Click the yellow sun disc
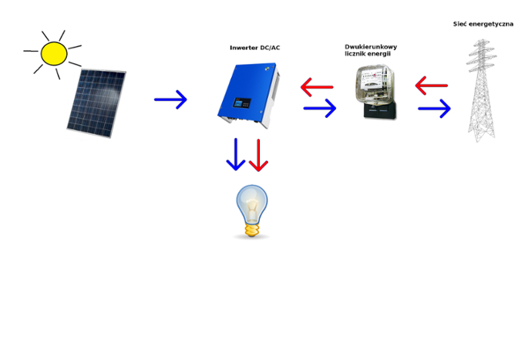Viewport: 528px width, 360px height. [x=54, y=53]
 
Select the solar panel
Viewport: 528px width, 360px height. [x=96, y=103]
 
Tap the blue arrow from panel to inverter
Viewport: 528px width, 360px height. [x=170, y=99]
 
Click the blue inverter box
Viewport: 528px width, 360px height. [x=249, y=96]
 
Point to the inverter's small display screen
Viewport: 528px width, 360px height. [x=243, y=103]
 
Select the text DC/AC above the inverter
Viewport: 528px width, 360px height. [x=271, y=48]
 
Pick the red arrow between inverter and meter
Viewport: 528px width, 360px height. [x=317, y=87]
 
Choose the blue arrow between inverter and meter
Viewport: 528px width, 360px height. [x=320, y=108]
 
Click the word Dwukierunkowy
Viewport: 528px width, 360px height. [x=371, y=47]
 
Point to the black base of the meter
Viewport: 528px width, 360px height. [x=380, y=110]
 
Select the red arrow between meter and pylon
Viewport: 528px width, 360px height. [x=432, y=86]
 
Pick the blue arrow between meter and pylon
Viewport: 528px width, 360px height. [x=435, y=109]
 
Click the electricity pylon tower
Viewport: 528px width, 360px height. [x=482, y=91]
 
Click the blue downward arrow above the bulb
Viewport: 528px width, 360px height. [x=236, y=154]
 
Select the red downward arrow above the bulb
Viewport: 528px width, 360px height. [x=259, y=155]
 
